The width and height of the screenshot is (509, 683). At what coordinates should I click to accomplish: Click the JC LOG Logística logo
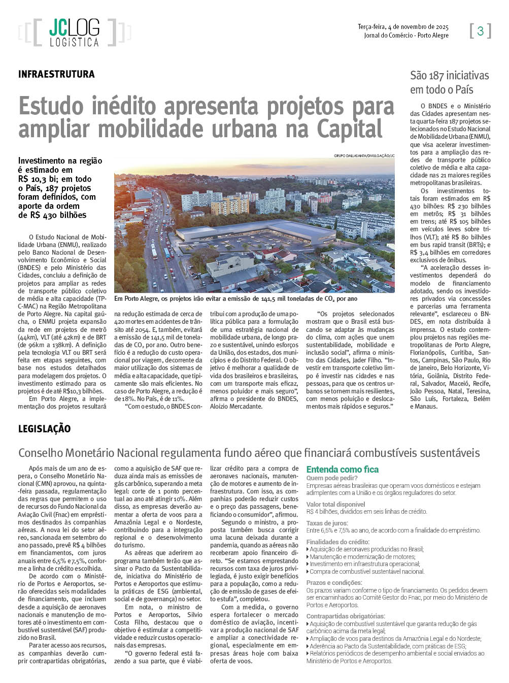74,33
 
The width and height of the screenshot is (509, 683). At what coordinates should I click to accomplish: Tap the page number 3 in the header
480,32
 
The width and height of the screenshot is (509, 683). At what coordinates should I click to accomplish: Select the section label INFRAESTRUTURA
56,74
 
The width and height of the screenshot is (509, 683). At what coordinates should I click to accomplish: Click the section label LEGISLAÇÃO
44,429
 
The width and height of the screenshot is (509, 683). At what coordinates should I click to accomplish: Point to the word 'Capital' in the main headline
350,129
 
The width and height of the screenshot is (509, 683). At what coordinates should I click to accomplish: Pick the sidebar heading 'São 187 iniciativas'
449,76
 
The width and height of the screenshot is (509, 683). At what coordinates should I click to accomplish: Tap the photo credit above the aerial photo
364,156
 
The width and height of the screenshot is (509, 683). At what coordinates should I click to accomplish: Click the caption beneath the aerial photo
236,299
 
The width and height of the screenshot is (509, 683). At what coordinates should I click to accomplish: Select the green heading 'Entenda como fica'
342,470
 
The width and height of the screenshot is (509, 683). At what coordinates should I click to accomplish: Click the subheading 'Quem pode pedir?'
332,478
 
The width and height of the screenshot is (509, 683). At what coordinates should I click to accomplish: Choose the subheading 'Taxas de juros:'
327,523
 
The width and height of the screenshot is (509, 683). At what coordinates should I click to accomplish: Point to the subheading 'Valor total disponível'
335,504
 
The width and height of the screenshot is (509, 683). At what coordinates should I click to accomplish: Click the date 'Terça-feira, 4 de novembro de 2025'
403,27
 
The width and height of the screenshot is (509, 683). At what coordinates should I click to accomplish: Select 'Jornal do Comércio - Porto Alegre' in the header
406,36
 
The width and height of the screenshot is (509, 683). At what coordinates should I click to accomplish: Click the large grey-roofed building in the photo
254,231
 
